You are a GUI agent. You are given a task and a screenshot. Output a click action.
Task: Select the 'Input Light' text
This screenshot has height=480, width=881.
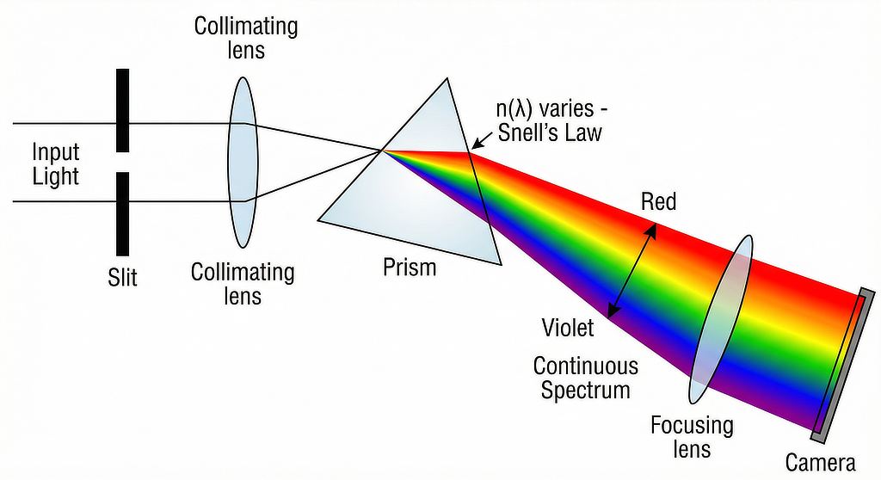click(x=56, y=164)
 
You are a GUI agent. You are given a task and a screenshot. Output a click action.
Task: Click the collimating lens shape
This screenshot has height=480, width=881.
click(x=243, y=162)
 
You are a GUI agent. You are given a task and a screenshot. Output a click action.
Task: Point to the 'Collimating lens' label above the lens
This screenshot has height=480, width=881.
click(x=246, y=37)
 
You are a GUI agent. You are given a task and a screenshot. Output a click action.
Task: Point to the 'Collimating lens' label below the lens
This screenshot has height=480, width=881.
click(x=243, y=284)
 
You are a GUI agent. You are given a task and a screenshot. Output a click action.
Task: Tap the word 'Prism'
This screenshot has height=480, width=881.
click(x=410, y=267)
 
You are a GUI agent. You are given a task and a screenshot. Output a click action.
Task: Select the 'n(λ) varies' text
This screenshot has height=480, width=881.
click(x=543, y=110)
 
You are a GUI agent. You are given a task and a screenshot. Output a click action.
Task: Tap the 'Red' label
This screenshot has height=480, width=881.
click(x=659, y=203)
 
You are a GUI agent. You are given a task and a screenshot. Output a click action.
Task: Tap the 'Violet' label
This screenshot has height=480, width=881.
click(x=568, y=328)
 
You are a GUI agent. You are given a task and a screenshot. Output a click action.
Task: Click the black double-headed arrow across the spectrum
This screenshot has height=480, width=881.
click(x=632, y=269)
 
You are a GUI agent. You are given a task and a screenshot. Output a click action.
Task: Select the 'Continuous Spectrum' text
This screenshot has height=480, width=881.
click(x=585, y=377)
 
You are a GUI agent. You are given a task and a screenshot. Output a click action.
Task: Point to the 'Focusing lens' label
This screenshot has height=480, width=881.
click(x=692, y=436)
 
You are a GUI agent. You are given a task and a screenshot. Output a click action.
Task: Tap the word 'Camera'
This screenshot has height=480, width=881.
click(x=821, y=462)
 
